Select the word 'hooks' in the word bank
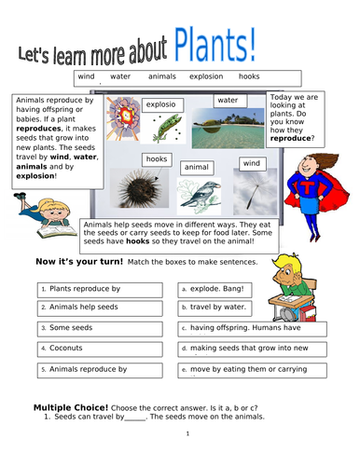click(249, 76)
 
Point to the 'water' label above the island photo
click(228, 100)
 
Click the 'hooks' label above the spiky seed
click(156, 159)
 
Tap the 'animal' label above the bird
click(196, 167)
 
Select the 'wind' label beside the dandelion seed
click(252, 163)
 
